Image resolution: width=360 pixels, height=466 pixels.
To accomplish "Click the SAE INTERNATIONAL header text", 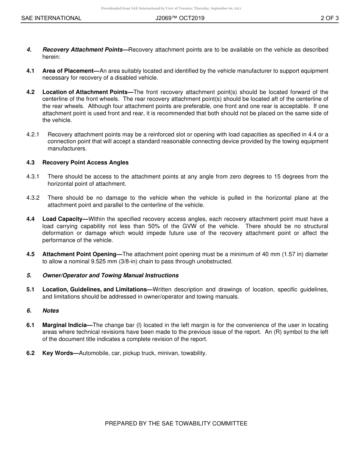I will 51,18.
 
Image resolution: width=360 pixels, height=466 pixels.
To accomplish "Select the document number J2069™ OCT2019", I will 180,18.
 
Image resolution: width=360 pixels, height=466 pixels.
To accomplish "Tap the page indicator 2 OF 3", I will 329,18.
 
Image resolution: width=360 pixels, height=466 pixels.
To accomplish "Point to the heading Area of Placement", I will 70,71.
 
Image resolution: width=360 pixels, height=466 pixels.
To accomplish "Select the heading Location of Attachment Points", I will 87,92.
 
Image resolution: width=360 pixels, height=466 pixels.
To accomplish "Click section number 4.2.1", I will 33,134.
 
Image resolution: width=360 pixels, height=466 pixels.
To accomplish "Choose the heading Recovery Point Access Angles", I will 85,163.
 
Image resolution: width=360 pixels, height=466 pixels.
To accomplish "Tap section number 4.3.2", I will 33,198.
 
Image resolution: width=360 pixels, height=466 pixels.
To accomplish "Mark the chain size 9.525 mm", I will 88,261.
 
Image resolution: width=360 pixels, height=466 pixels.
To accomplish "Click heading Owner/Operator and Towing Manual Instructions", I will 110,275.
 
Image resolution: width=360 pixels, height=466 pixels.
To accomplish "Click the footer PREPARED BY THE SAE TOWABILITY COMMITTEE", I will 176,424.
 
